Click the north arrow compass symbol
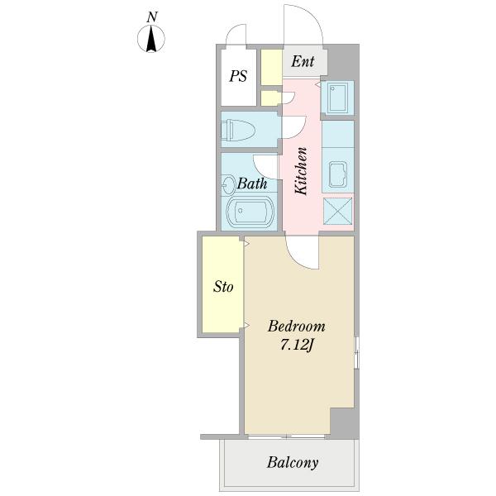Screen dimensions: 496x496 (151, 39)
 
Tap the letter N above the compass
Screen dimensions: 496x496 (152, 17)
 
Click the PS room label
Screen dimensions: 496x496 (238, 76)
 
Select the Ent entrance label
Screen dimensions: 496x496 (303, 61)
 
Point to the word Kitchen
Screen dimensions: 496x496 (301, 171)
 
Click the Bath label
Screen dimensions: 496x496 (252, 184)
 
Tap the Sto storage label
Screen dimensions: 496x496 (223, 287)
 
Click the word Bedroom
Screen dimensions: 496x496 (297, 327)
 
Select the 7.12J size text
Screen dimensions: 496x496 (297, 346)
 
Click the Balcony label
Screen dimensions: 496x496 (293, 463)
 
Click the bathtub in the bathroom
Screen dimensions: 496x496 (250, 212)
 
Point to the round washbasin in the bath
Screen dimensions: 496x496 (228, 184)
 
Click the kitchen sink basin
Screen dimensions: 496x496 (338, 174)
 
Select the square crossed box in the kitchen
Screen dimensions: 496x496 (338, 212)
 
